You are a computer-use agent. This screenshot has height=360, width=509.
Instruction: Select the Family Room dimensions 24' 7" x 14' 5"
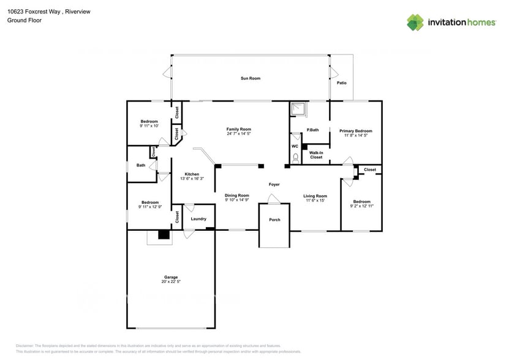pos(239,134)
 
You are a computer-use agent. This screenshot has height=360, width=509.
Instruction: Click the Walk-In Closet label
pos(316,155)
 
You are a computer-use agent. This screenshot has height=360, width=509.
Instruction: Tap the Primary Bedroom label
pos(356,130)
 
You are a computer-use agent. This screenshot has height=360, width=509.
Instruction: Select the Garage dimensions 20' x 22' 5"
pos(171,281)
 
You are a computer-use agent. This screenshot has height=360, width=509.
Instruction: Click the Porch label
pos(274,220)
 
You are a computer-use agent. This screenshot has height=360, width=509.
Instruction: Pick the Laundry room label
pos(198,219)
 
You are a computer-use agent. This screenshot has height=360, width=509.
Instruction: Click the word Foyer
pos(274,184)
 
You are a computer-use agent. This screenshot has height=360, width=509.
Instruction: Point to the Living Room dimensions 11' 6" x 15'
pos(315,200)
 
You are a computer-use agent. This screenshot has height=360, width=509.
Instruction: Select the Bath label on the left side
pos(141,165)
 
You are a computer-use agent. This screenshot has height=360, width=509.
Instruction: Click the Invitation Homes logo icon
pos(415,22)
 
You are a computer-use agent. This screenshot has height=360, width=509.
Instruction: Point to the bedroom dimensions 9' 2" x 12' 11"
pos(361,206)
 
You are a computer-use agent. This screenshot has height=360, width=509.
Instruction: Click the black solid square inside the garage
pos(164,234)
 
